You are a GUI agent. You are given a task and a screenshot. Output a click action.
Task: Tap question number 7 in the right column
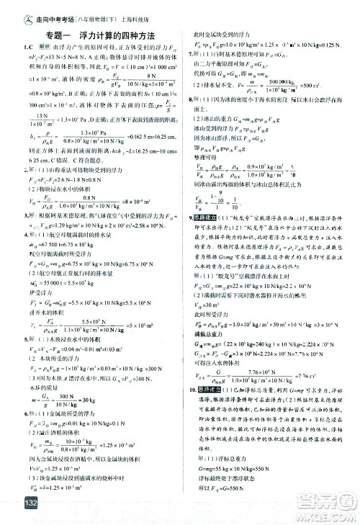pos(188,55)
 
